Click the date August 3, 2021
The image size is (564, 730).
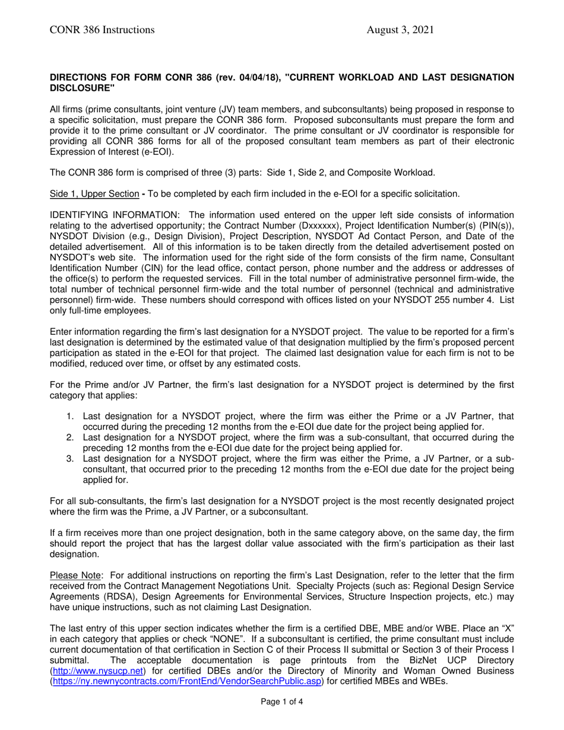point(400,30)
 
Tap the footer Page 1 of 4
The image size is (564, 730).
point(282,702)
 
